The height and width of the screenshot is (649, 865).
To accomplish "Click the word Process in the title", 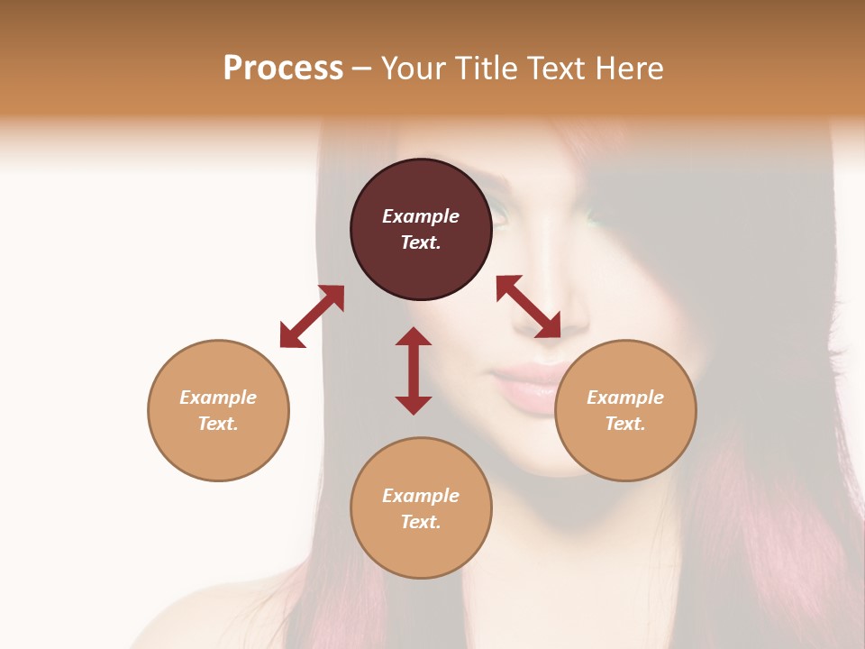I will pyautogui.click(x=283, y=69).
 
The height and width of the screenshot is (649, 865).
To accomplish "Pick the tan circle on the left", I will pyautogui.click(x=218, y=451).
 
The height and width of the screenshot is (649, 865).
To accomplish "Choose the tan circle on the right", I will pyautogui.click(x=625, y=451).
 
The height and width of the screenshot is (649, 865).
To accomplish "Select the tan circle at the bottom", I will pyautogui.click(x=421, y=550).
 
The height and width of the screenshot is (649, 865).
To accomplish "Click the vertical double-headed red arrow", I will pyautogui.click(x=414, y=370).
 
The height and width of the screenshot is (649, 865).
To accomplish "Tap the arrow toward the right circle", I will pyautogui.click(x=529, y=306).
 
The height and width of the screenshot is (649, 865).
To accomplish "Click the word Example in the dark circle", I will pyautogui.click(x=421, y=216).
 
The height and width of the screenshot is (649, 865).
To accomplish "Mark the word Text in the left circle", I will pyautogui.click(x=218, y=424).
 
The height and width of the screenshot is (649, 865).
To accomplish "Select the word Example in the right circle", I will pyautogui.click(x=625, y=398).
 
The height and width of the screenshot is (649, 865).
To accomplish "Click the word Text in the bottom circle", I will pyautogui.click(x=421, y=522).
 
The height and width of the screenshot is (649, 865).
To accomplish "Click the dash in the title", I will pyautogui.click(x=362, y=69).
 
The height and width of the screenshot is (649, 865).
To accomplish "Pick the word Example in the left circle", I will pyautogui.click(x=218, y=398).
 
